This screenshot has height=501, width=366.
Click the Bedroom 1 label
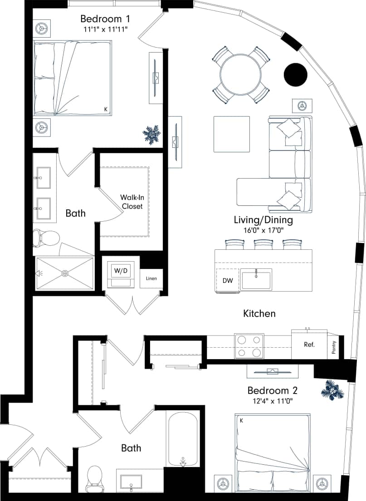(x=105, y=19)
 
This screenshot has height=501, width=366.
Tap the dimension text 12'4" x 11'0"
(x=274, y=401)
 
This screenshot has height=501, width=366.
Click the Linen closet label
(x=151, y=278)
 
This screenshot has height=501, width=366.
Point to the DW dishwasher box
(x=228, y=281)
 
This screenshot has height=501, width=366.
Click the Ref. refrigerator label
(x=309, y=344)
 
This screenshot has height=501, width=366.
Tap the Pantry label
(x=334, y=347)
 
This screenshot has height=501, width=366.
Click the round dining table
(x=240, y=74)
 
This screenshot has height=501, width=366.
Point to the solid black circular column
(x=295, y=74)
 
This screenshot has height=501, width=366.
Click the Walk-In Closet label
(x=132, y=202)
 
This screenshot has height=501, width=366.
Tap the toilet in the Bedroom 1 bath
(x=47, y=238)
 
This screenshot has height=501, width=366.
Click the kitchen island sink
(x=256, y=280)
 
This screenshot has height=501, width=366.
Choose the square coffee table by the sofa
(x=231, y=134)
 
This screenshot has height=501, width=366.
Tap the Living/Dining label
(x=263, y=220)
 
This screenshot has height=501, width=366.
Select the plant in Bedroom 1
(x=151, y=135)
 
